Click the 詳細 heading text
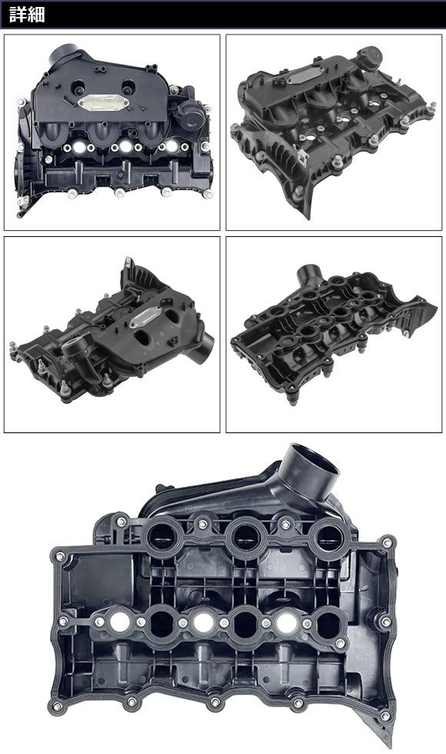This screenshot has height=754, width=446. (x=27, y=15)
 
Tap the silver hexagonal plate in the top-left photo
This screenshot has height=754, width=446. (x=103, y=102)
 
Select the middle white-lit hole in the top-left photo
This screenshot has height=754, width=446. (x=125, y=146)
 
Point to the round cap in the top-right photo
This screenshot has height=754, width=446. (x=369, y=58)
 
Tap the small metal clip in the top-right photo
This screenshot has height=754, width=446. (x=302, y=156)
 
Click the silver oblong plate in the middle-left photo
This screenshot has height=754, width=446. (x=145, y=317)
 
